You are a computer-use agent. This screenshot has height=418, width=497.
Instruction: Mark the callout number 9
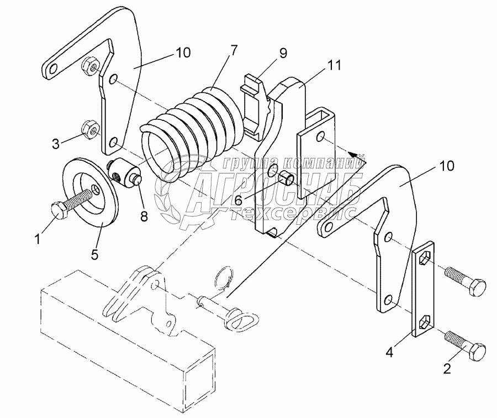pyautogui.click(x=283, y=54)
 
